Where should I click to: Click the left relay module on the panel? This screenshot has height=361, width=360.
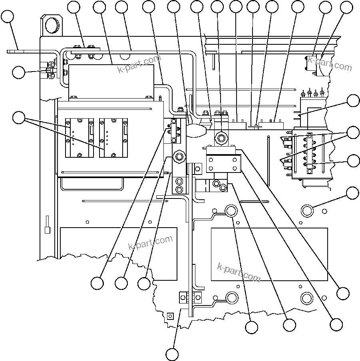coord(80,138)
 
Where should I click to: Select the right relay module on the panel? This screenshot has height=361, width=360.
coord(113,138)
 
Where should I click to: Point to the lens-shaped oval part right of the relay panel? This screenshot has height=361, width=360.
coord(195,130)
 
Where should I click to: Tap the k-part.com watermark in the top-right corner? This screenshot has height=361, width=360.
coord(330,63)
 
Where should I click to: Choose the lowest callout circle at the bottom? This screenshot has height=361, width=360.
coord(172,354)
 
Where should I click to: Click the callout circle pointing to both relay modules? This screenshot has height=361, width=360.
coord(19,118)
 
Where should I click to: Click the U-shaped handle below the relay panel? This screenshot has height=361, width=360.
coord(91,184)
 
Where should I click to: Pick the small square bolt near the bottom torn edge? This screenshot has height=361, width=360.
coord(170,316)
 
